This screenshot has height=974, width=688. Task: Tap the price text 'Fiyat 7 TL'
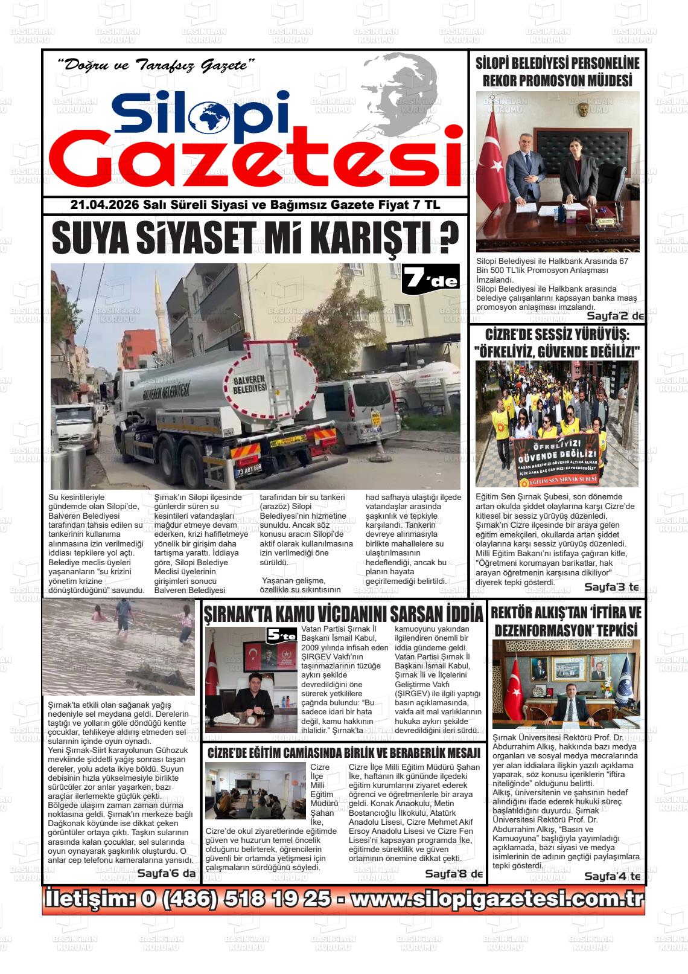tap(409, 205)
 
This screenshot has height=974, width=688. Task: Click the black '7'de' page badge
tap(430, 279)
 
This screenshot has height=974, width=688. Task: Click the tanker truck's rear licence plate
tap(249, 467)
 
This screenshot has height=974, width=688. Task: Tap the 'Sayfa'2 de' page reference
tap(615, 316)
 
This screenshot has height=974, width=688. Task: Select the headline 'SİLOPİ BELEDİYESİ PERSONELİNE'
tap(557, 63)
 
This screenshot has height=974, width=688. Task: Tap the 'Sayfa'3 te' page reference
tap(611, 586)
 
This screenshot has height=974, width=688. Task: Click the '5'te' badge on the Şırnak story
tap(282, 636)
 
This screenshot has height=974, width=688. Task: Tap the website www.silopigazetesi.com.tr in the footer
tap(495, 899)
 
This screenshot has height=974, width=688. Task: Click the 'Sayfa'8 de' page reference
tap(454, 874)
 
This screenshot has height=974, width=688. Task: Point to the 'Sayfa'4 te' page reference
tap(611, 876)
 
